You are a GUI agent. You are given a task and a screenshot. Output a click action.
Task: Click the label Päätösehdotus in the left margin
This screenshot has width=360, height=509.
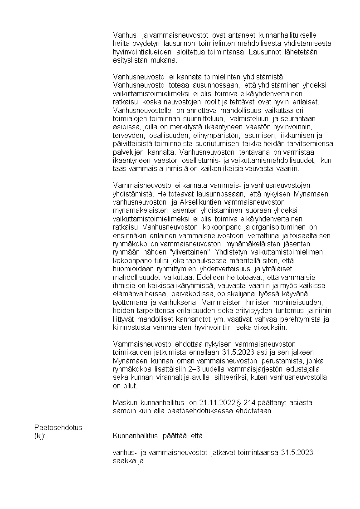pos(58,427)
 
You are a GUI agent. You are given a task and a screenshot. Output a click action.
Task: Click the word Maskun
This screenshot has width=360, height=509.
pos(125,402)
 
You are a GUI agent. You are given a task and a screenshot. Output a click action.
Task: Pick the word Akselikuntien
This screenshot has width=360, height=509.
pos(204,202)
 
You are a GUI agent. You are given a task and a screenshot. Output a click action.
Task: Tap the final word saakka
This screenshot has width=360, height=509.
pos(123,461)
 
